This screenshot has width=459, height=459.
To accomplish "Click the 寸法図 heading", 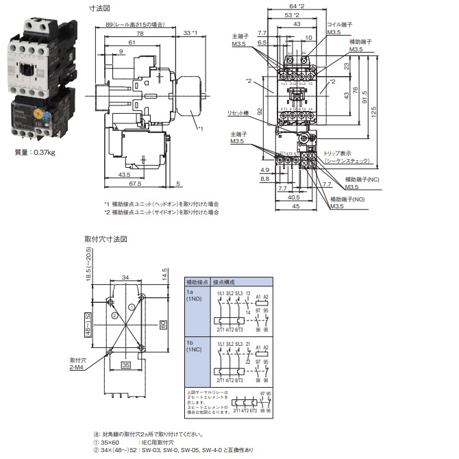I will tap(100, 9).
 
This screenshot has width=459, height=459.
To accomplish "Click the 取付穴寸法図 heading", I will tap(106, 239).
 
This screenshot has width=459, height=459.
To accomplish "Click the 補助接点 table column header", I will tap(196, 282).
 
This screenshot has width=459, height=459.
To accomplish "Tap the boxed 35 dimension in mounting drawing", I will tap(125, 366).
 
